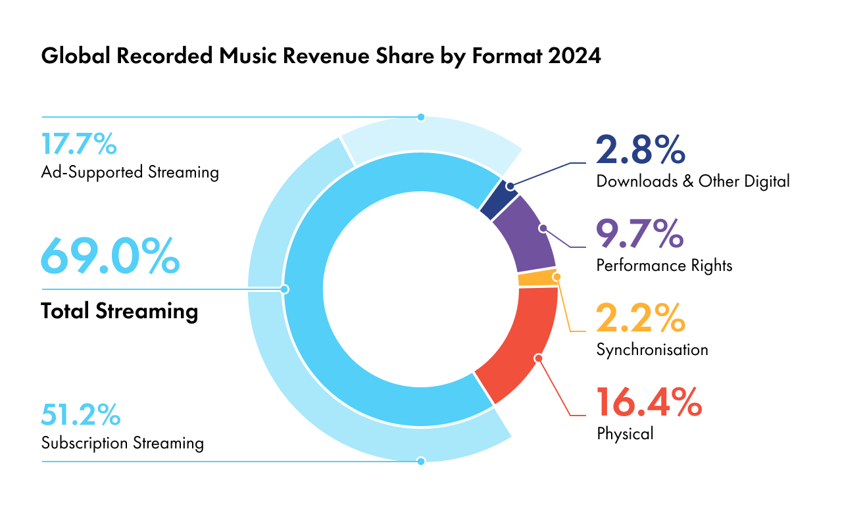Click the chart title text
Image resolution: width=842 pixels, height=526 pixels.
[x=320, y=56]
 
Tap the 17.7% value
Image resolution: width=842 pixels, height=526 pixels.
[x=79, y=144]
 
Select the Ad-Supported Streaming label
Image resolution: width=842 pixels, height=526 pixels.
[x=130, y=173]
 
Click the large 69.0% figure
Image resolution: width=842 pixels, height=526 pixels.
[x=110, y=256]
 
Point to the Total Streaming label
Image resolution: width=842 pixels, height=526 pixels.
[x=119, y=310]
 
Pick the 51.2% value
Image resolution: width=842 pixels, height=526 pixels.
[x=80, y=414]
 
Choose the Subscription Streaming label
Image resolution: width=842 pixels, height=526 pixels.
[x=122, y=443]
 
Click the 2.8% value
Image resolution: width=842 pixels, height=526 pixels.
[x=641, y=150]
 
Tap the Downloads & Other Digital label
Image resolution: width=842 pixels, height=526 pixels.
[x=693, y=181]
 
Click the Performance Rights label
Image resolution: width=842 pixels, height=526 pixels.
[x=664, y=266]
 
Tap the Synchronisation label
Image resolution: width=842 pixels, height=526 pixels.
[x=652, y=350]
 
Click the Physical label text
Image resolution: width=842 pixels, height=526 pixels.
[x=625, y=434]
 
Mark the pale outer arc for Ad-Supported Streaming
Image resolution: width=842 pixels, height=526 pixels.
[x=431, y=139]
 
